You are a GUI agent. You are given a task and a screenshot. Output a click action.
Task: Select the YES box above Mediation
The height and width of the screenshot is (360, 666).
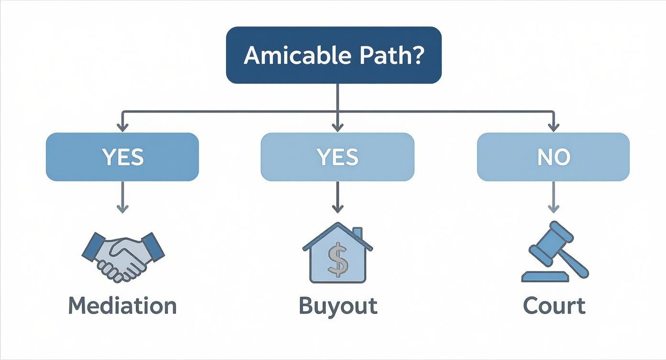122,157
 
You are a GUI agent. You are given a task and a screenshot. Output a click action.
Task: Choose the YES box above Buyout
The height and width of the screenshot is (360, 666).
337,157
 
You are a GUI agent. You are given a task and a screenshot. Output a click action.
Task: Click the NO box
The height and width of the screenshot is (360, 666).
553,157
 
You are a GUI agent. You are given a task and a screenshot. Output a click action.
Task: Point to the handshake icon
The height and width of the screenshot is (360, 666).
123,256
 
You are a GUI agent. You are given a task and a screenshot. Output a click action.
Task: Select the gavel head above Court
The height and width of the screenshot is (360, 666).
550,242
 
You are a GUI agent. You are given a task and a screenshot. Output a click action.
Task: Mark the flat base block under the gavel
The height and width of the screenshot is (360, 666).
545,277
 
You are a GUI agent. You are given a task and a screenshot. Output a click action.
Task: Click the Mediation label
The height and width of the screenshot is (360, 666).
122,306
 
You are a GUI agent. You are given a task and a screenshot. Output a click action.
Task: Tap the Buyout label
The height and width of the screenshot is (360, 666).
338,306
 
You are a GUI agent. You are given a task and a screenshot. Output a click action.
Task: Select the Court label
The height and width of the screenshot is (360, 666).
554,306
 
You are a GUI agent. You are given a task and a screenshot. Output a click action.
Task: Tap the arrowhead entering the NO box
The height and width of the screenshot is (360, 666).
554,127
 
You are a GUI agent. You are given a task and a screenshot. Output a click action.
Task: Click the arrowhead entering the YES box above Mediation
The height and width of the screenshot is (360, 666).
123,127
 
